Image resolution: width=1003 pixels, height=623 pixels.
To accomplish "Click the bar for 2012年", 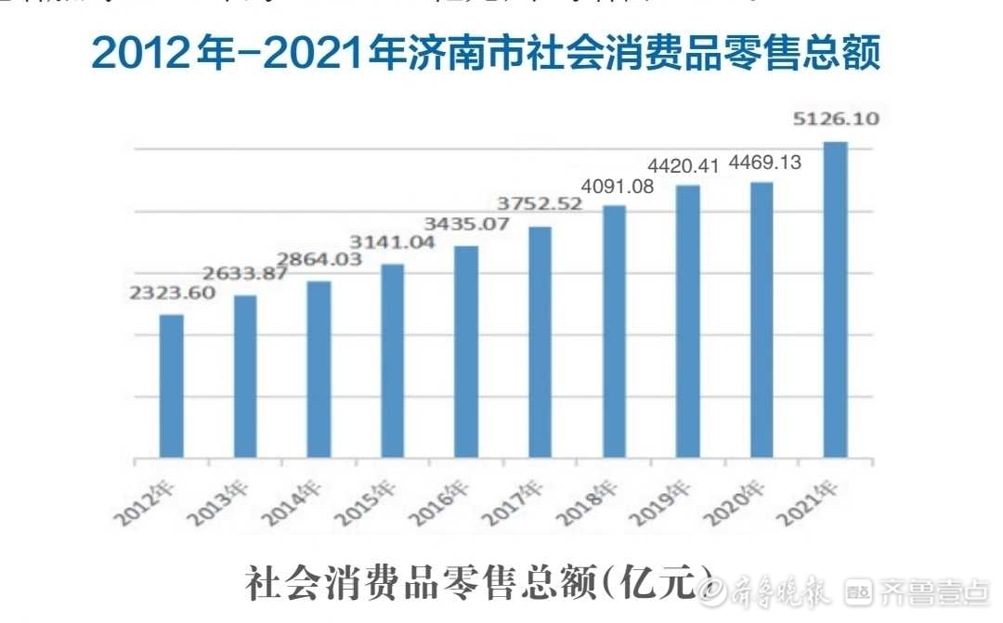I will pos(171,386).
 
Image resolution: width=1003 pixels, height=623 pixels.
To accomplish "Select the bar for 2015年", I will pos(393,361).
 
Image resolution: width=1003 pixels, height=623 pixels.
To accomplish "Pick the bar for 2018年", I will pos(614,331).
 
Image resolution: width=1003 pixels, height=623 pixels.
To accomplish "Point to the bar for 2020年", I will pos(762,320).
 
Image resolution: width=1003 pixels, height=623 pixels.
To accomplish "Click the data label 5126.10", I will pos(836,119).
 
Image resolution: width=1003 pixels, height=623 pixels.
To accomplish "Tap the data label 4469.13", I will pos(763,162).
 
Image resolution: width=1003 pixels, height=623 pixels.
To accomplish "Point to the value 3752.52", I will pos(541,204).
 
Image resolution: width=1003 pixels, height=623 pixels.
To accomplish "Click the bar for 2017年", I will pos(541,343).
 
